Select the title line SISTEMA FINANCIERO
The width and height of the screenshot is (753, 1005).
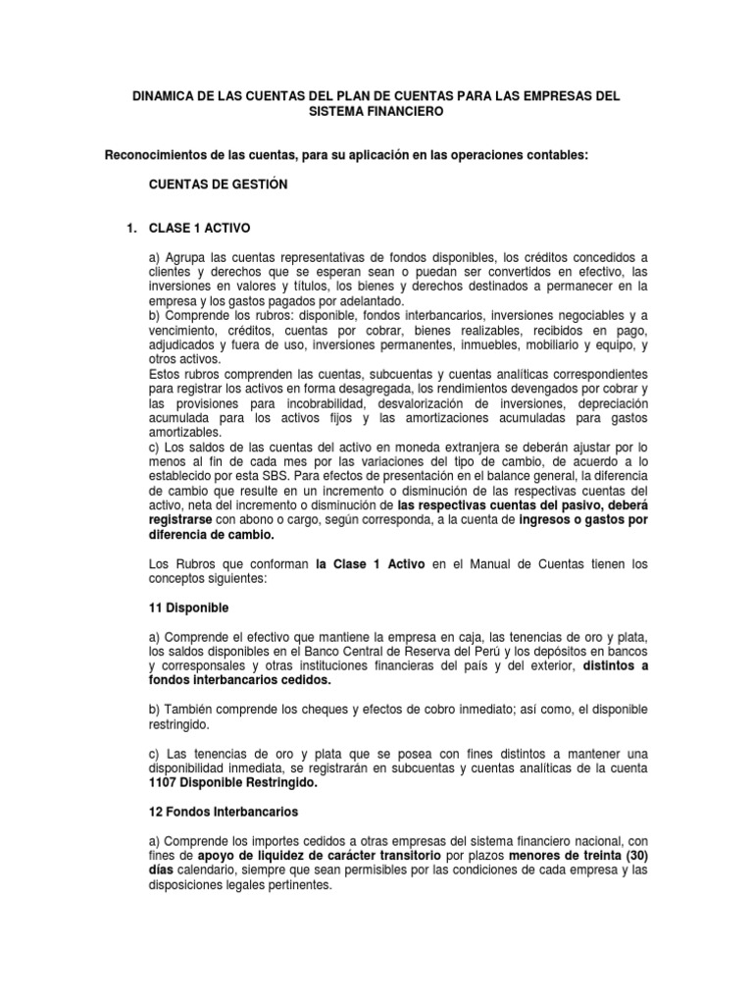point(376,112)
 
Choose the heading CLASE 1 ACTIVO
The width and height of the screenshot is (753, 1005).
point(199,228)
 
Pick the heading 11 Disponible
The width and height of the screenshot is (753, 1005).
point(187,608)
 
